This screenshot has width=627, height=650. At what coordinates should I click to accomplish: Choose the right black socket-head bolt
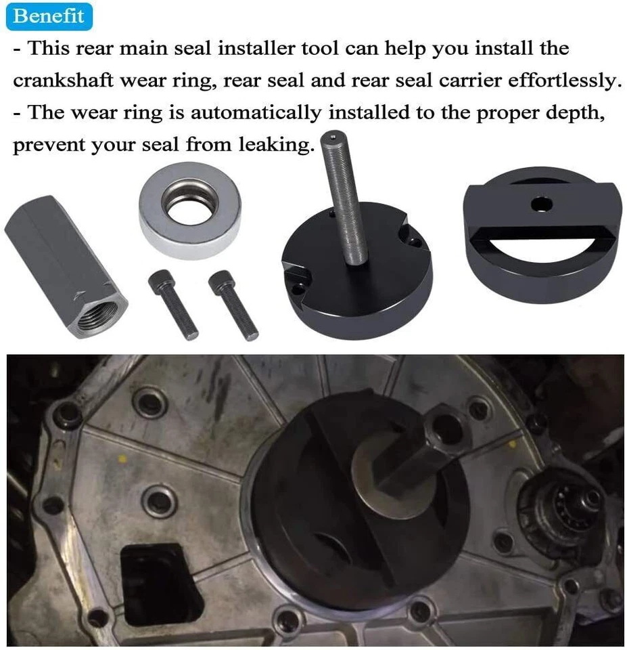233,305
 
